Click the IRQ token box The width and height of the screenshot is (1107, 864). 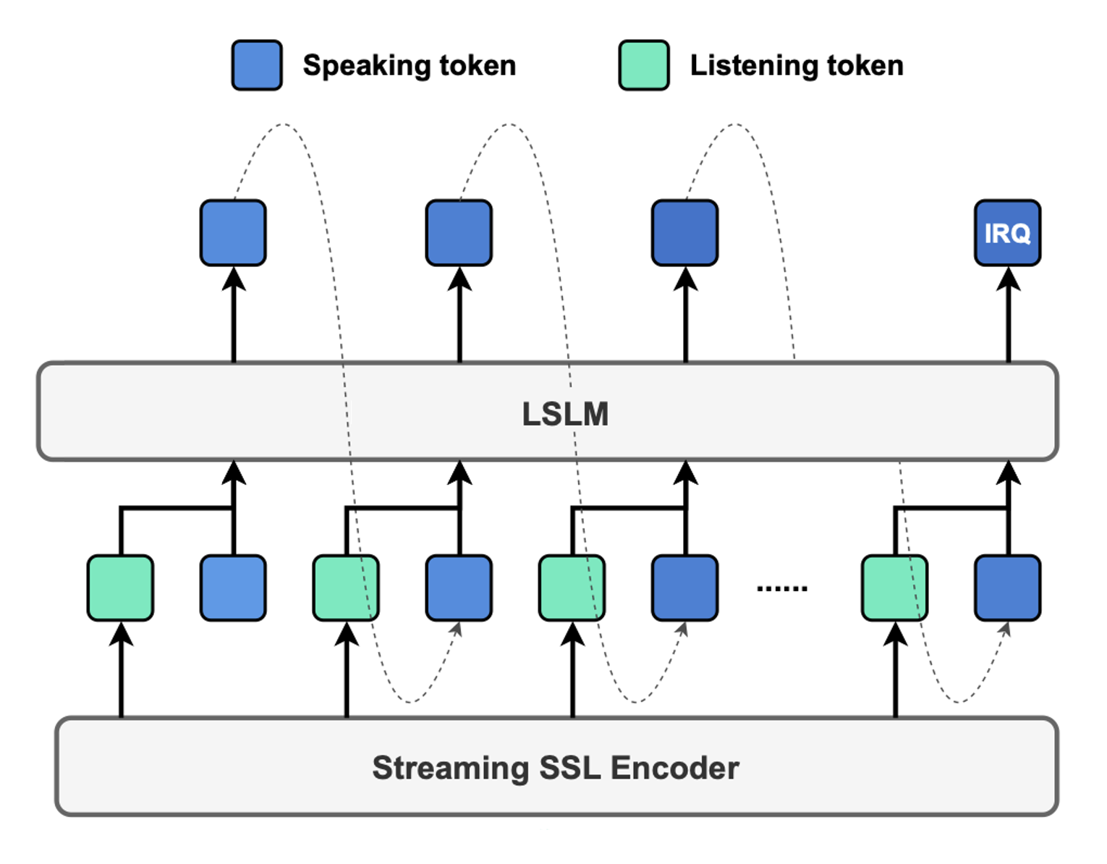tap(1007, 233)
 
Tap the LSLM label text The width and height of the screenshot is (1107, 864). tap(565, 414)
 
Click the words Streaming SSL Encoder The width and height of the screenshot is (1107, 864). tap(555, 768)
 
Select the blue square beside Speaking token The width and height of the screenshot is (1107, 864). tap(257, 65)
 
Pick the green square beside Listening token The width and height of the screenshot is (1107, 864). tap(644, 65)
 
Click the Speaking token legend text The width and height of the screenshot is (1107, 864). tap(410, 66)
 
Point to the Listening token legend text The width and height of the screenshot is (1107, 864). tap(797, 66)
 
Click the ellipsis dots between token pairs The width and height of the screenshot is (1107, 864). tap(782, 588)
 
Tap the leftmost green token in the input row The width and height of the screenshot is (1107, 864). tap(120, 588)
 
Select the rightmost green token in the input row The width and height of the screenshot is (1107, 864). tap(894, 588)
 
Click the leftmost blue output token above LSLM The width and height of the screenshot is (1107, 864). tap(233, 233)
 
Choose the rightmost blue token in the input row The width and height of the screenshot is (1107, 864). tap(1007, 588)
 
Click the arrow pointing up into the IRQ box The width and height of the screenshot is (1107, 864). tap(1008, 315)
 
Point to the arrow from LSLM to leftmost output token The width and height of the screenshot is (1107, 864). tap(234, 315)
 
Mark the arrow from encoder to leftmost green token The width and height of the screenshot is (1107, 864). tap(122, 669)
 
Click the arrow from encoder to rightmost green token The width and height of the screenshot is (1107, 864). tap(896, 669)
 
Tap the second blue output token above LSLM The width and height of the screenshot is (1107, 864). tap(459, 233)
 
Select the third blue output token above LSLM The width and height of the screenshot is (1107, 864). tap(684, 233)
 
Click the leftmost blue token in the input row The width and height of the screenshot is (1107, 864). tap(233, 588)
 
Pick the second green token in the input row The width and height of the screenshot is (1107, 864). tap(346, 588)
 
